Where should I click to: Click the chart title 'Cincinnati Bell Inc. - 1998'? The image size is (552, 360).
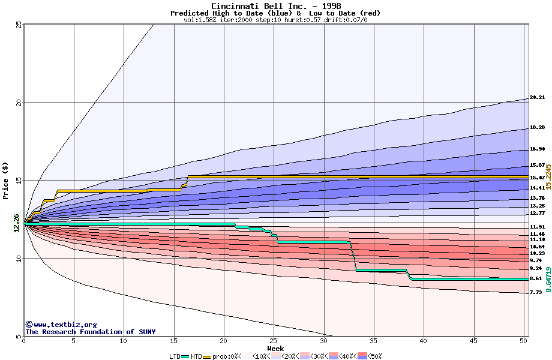275,6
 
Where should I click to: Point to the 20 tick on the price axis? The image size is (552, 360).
18,103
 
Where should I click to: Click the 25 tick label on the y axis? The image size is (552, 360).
18,25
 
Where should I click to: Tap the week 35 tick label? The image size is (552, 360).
373,341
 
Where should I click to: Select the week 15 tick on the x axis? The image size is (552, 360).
173,341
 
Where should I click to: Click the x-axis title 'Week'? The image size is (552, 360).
275,349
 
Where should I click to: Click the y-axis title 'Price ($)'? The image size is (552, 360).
6,180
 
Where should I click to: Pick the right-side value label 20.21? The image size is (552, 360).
537,97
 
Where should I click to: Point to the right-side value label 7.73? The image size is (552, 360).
536,292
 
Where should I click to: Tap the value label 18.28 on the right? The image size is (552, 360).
537,128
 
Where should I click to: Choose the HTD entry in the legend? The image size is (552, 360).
196,356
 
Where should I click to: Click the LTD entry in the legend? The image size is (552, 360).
175,356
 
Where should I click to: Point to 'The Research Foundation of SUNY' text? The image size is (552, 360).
90,332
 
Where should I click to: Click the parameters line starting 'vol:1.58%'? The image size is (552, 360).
275,20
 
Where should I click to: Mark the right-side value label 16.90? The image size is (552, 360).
537,149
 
